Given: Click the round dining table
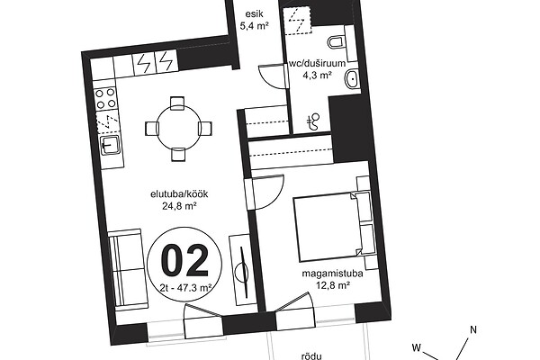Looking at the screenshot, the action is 178,129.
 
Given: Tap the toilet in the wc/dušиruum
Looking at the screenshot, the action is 336,41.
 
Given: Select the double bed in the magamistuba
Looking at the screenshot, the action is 328,228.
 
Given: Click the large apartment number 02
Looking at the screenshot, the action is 185,260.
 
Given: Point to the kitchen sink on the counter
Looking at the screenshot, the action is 110,145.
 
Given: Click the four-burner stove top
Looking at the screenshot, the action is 105,98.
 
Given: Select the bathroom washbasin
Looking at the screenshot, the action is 352,79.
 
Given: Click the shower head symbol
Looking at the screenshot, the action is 313,122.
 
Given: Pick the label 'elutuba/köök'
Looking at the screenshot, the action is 179,194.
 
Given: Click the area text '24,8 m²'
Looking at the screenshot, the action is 179,206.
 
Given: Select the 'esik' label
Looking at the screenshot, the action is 254,13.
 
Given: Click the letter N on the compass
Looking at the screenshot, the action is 473,329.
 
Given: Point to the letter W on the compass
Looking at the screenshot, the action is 417,347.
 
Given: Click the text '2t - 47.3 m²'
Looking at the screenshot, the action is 185,288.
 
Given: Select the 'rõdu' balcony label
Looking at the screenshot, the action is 311,356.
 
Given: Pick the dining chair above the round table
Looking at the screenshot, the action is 177,103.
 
